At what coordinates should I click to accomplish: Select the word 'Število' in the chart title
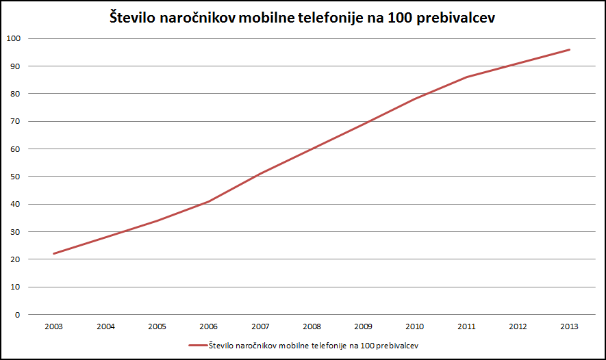point(134,18)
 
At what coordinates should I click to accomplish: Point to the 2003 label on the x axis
point(53,327)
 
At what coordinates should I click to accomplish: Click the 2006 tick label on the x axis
point(208,327)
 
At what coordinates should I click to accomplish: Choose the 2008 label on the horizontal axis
point(312,327)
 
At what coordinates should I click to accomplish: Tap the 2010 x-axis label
point(415,327)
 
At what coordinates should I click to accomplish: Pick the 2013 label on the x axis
point(570,327)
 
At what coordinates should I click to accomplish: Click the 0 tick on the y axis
point(17,315)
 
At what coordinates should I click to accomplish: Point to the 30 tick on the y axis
point(15,232)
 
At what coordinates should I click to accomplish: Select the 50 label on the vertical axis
point(15,177)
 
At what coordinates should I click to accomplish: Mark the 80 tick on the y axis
point(15,94)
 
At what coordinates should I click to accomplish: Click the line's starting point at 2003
point(53,254)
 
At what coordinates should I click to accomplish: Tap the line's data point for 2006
point(208,201)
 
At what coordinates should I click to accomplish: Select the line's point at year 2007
point(260,174)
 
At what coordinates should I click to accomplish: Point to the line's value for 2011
point(466,77)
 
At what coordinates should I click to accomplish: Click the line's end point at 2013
point(570,49)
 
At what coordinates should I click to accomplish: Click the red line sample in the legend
point(197,346)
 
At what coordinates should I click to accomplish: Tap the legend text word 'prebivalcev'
point(399,346)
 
